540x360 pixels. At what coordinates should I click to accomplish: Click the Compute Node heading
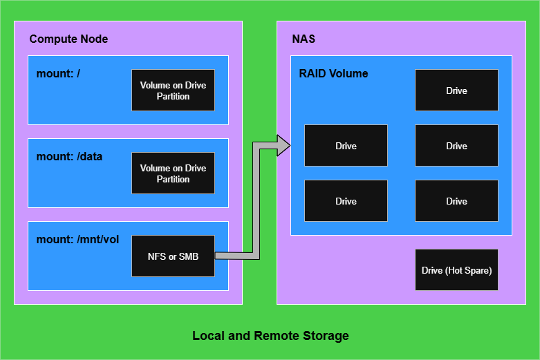[x=68, y=39]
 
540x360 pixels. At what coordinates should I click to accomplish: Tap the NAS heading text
[x=303, y=39]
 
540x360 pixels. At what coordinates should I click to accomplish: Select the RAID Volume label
[x=333, y=73]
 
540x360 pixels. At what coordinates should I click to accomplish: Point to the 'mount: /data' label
[x=69, y=156]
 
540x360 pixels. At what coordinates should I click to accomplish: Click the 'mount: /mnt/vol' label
[x=77, y=239]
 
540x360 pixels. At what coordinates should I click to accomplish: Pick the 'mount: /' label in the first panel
[x=58, y=73]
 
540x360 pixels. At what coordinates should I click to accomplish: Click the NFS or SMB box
[x=173, y=256]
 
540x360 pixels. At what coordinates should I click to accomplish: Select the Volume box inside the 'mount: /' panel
[x=173, y=91]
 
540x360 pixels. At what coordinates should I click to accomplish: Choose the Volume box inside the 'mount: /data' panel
[x=173, y=173]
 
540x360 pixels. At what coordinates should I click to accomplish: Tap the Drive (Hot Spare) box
[x=456, y=270]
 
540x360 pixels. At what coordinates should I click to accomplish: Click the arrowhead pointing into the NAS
[x=283, y=145]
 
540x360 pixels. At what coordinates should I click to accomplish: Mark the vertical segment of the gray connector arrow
[x=256, y=200]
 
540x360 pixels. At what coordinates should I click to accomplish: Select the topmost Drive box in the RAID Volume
[x=456, y=91]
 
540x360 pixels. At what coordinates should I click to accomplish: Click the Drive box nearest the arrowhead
[x=346, y=146]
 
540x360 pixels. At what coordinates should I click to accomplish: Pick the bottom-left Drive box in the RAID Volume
[x=346, y=201]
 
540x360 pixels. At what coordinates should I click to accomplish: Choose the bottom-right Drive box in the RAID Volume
[x=456, y=201]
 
